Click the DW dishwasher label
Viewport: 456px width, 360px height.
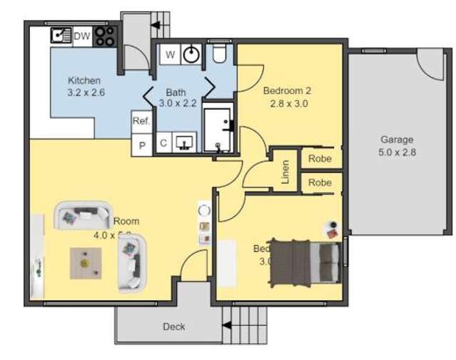click(x=82, y=34)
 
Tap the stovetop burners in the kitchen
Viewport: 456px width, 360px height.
click(x=105, y=35)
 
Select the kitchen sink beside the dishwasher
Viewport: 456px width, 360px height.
click(x=60, y=35)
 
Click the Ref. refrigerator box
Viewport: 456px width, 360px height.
click(x=141, y=121)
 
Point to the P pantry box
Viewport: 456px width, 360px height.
click(x=141, y=145)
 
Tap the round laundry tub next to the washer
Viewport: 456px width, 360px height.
click(x=191, y=54)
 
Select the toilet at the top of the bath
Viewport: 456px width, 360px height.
click(x=219, y=54)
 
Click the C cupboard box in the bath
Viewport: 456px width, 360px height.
click(x=163, y=144)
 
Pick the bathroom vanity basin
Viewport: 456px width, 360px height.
click(x=185, y=143)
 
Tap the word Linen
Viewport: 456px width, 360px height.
click(x=285, y=172)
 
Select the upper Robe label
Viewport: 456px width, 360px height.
click(x=320, y=159)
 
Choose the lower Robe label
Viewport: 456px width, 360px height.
click(x=320, y=183)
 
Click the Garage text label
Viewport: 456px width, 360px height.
click(x=397, y=140)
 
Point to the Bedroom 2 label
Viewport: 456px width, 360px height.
click(x=287, y=91)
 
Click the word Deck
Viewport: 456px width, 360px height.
click(x=174, y=327)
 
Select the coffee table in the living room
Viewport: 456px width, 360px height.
click(x=86, y=261)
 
